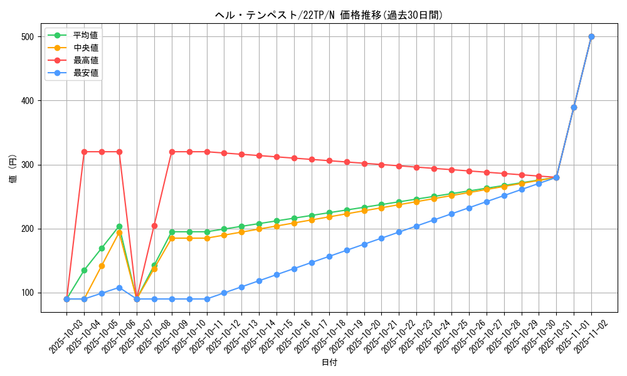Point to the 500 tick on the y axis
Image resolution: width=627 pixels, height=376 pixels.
(x=28, y=37)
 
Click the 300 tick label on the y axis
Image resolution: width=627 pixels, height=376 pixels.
(x=28, y=165)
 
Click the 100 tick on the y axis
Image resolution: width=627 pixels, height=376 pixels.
(x=28, y=293)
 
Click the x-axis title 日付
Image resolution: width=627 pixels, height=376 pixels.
(x=329, y=363)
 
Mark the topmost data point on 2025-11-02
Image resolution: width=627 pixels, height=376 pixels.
(x=591, y=37)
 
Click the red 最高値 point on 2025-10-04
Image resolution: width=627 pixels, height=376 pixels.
(x=84, y=152)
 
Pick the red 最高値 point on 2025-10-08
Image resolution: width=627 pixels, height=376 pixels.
(x=154, y=226)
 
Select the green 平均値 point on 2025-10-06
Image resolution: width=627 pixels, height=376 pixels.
(x=119, y=226)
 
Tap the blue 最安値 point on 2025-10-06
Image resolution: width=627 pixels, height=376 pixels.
(x=119, y=288)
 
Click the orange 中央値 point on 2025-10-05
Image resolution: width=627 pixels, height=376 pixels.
(x=102, y=266)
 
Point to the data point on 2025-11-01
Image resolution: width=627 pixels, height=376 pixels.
(x=574, y=107)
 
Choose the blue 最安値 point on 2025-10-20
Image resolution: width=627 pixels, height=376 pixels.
(x=364, y=244)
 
